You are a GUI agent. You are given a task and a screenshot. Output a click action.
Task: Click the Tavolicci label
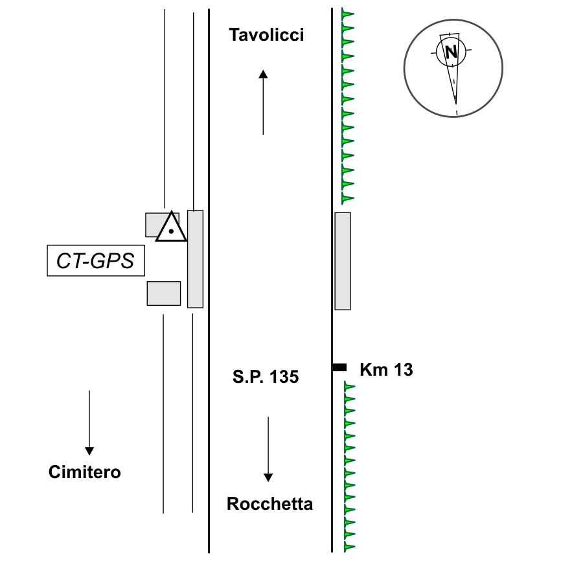coord(266,35)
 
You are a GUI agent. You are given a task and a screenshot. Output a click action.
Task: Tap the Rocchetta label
coord(269,504)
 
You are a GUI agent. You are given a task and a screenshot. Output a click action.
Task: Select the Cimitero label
coord(85,472)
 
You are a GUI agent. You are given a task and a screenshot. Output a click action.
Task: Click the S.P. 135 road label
coord(266,377)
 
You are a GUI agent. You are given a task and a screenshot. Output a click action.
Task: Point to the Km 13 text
coord(386,370)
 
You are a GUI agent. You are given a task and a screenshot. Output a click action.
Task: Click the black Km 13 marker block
coord(339,367)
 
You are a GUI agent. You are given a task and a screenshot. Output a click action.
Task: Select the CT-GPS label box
coord(96,261)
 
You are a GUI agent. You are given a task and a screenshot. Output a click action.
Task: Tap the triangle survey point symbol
coord(171,227)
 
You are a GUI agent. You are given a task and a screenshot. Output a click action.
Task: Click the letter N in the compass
coord(452,52)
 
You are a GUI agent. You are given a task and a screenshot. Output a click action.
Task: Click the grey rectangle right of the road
coord(343,260)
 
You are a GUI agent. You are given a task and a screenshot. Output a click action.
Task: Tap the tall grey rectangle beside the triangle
coord(195,258)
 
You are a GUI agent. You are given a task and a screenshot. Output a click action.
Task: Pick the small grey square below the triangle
coord(164,293)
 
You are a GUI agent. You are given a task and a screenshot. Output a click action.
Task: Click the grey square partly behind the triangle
coord(154,224)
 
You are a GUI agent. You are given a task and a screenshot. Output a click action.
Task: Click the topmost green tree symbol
coord(348,13)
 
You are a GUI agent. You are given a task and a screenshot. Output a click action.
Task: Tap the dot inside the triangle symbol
coord(171,231)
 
